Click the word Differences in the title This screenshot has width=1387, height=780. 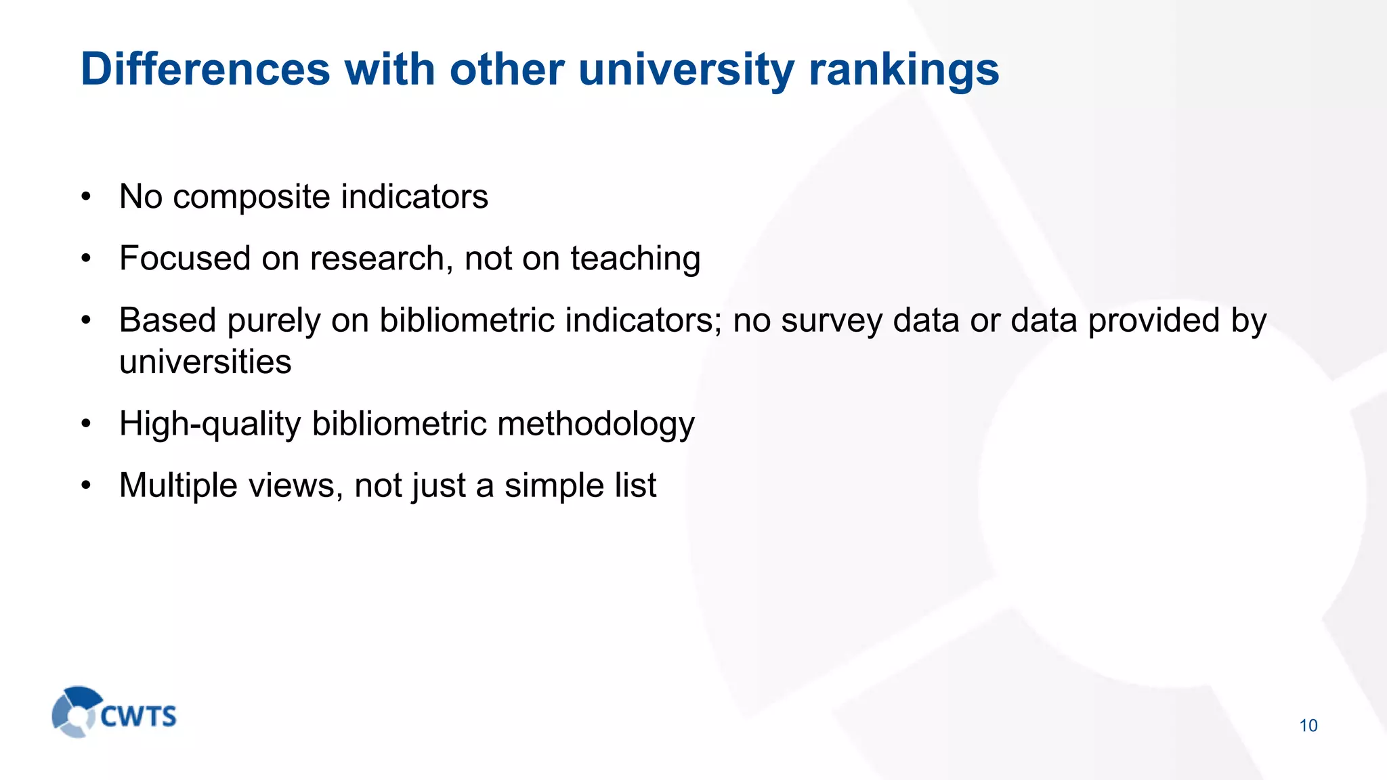pos(205,69)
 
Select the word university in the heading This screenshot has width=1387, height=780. pos(686,69)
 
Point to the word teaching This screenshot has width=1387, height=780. pos(635,259)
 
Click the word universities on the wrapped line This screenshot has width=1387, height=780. pos(205,362)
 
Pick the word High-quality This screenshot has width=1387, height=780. pos(210,424)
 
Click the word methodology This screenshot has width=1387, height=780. pos(596,424)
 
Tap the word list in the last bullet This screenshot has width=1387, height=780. pos(635,485)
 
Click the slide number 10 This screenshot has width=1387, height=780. pos(1308,726)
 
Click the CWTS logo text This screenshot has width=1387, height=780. pos(139,716)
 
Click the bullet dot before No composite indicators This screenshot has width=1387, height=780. pos(85,198)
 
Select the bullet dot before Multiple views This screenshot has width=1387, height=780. pos(85,486)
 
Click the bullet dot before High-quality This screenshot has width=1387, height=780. pos(85,425)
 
